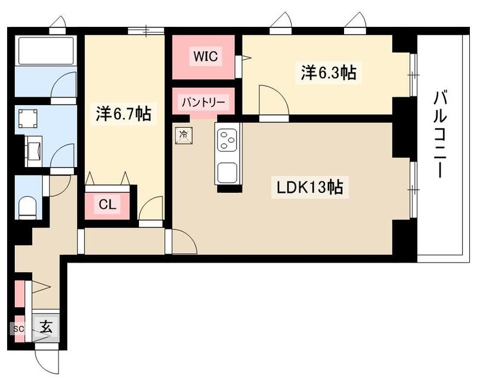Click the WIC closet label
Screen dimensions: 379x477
[206, 56]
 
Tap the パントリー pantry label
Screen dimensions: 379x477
[204, 102]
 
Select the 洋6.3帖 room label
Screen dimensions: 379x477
[328, 73]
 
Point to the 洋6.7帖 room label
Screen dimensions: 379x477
[123, 113]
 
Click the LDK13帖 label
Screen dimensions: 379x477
[309, 187]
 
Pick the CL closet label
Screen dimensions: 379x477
[107, 205]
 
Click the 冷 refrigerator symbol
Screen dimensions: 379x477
[184, 135]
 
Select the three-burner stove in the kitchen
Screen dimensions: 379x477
[227, 141]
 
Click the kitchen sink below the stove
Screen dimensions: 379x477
[227, 172]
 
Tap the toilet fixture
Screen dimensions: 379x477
[27, 207]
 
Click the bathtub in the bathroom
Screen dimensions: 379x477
[45, 50]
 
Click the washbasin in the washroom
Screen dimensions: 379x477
[33, 150]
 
